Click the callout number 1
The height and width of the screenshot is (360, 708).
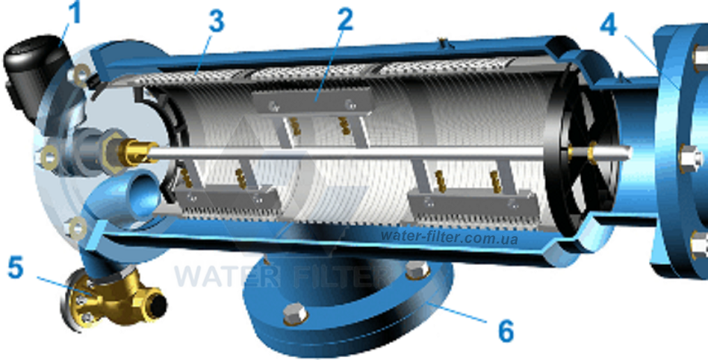pos(74,13)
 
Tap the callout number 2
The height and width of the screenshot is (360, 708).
pos(345,19)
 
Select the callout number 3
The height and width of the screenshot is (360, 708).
pos(216,21)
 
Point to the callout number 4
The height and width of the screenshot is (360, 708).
pos(608,25)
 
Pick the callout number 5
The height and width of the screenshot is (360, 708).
pos(15,267)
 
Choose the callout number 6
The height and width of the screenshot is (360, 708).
pos(506,330)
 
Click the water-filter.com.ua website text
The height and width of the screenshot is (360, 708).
pos(449,237)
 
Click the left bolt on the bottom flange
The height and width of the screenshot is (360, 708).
pos(295,314)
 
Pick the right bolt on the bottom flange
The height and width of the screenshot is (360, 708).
pos(417,270)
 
